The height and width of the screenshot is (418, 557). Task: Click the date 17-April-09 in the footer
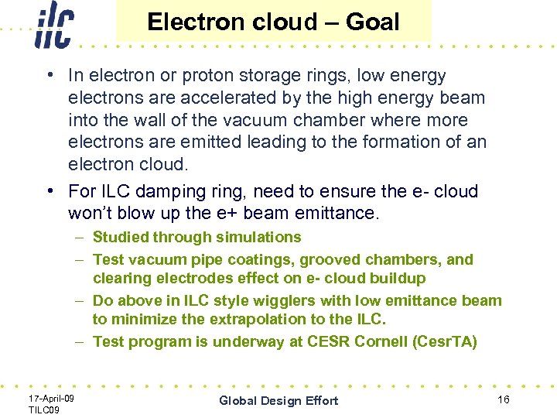click(51, 397)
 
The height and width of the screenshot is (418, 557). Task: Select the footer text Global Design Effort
click(278, 400)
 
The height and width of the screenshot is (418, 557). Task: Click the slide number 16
click(503, 399)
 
